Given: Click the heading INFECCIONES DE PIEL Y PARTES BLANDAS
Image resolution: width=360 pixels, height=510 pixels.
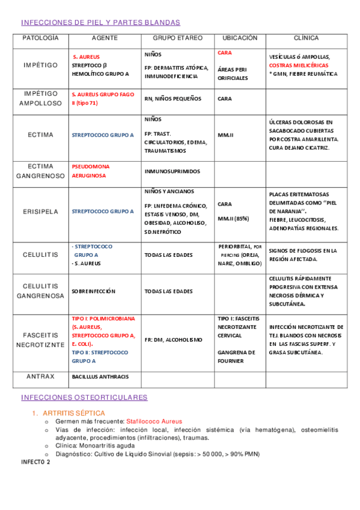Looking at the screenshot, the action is [100, 22].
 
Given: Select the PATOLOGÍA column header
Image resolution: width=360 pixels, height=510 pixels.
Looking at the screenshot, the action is [40, 38].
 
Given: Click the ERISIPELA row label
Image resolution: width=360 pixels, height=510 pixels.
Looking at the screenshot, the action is [40, 212].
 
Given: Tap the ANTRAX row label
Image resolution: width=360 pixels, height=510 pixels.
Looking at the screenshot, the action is [40, 376].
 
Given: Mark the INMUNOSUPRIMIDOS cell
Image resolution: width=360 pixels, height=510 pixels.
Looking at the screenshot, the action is [172, 171].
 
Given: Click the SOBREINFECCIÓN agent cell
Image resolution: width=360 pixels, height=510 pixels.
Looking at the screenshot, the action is [96, 291].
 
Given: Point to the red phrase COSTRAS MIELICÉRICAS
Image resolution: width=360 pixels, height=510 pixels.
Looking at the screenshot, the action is [299, 65].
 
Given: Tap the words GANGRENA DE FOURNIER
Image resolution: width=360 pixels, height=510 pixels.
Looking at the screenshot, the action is [236, 357].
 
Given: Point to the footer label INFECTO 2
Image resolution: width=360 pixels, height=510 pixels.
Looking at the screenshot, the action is [36, 462].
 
